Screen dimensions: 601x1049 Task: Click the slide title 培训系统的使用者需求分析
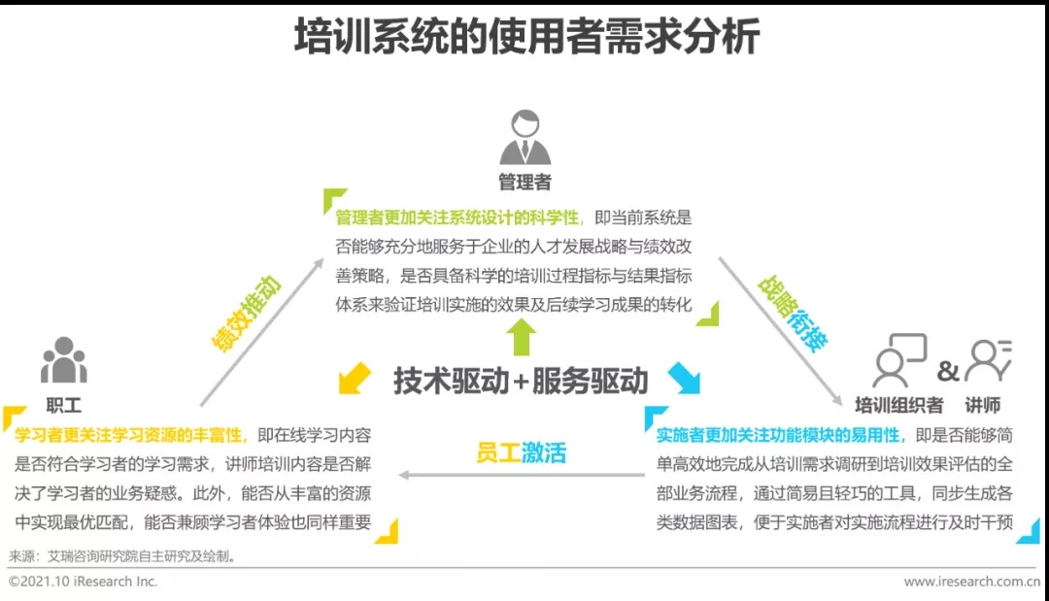tap(525, 40)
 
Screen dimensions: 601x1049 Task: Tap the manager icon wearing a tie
tap(524, 139)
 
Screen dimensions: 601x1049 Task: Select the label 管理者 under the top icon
tap(524, 182)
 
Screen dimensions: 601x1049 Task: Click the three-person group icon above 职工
tap(64, 361)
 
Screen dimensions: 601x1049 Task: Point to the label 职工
tap(64, 404)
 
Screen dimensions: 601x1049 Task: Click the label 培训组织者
tap(898, 404)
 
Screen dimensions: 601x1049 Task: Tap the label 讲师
tap(982, 404)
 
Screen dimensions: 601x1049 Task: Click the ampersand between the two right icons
tap(947, 372)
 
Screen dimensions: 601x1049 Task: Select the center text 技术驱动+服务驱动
tap(521, 381)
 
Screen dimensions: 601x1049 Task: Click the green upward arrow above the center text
tap(522, 337)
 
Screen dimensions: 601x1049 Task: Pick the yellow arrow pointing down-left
tap(354, 377)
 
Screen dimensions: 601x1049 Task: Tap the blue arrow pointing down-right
tap(685, 377)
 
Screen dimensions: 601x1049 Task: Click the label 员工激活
tap(521, 452)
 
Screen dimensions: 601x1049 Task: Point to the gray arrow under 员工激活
tap(521, 476)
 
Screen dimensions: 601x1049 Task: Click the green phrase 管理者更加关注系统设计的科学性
tap(457, 217)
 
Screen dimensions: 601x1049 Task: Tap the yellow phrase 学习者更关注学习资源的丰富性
tap(131, 436)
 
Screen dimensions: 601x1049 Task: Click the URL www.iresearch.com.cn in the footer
tap(971, 582)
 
